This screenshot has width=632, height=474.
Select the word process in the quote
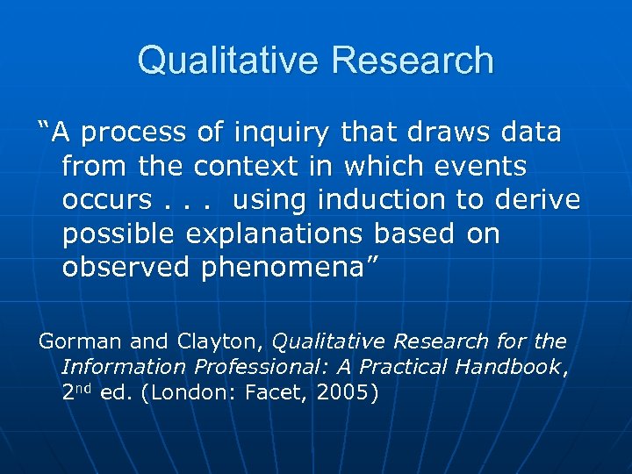pos(135,133)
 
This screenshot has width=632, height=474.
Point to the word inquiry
pos(280,133)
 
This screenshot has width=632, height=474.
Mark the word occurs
pos(106,200)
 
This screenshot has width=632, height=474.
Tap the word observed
pos(125,268)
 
